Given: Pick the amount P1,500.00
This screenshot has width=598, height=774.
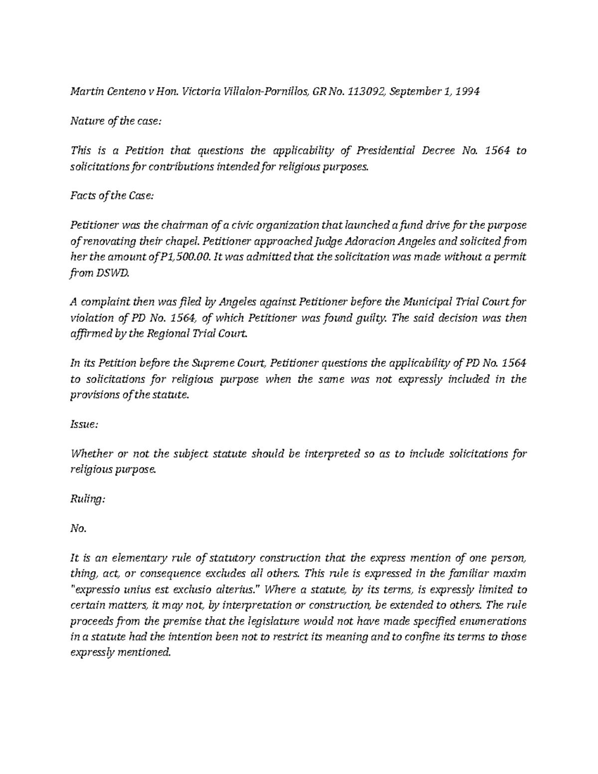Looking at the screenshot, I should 173,257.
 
